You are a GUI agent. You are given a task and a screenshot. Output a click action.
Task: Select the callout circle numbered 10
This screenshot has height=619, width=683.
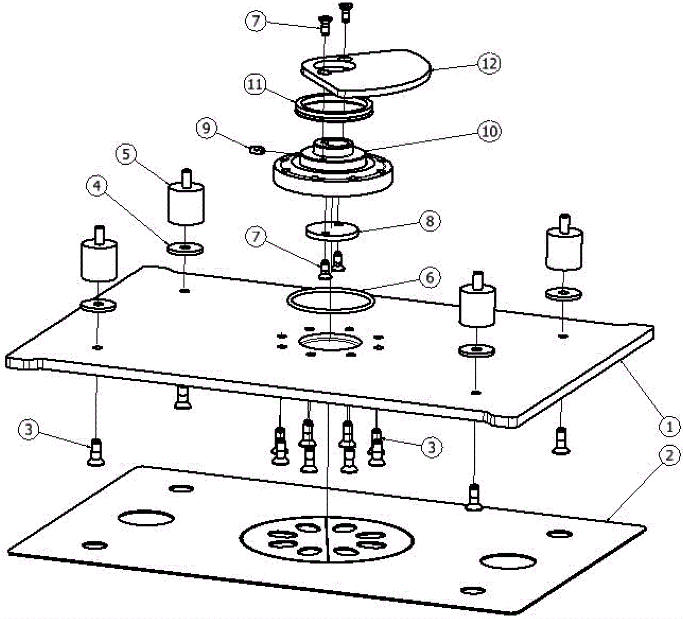point(490,131)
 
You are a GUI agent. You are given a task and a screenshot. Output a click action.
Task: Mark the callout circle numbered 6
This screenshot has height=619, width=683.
point(429,277)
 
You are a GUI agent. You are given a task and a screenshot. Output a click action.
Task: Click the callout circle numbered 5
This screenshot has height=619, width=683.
point(126,154)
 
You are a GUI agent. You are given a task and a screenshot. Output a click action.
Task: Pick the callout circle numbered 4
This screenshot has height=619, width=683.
point(98,186)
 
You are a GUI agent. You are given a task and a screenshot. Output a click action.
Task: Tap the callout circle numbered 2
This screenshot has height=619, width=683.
point(669,455)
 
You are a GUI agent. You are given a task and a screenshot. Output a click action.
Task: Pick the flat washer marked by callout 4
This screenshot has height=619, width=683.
point(185,249)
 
